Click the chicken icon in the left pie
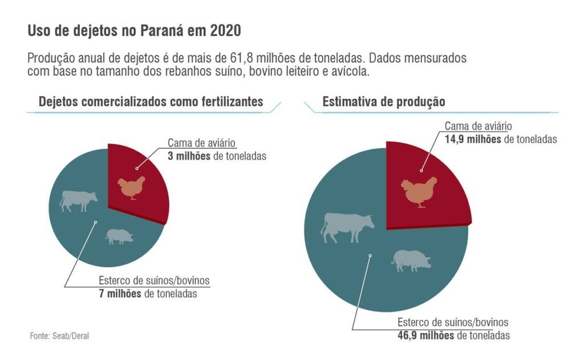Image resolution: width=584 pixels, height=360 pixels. coord(132,188)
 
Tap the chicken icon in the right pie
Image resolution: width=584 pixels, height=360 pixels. coord(419,191)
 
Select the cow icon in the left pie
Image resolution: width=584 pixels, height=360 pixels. coord(79,200)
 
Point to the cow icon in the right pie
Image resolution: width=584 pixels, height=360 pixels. coord(347,226)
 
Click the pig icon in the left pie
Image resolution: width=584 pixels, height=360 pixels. coord(119,236)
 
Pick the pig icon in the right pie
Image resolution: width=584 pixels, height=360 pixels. coord(411,260)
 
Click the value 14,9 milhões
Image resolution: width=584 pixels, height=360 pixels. coord(473,139)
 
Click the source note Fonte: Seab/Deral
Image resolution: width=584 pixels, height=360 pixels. coord(59,336)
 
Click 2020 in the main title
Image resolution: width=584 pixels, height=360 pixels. coord(225,31)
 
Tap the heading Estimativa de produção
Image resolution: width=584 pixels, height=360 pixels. coord(384,102)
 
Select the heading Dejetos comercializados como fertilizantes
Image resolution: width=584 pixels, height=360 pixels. coord(151,102)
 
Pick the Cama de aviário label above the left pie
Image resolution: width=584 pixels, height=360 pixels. coord(201,143)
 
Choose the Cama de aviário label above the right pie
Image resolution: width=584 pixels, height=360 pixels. coord(478,126)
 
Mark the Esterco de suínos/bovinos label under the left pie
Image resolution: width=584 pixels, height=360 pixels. coord(154,281)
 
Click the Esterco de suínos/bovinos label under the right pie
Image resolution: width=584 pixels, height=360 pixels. coord(453,322)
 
